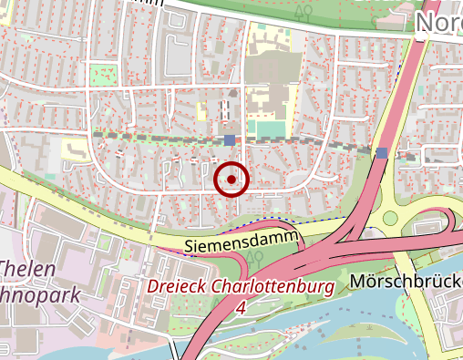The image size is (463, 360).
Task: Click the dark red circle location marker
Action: click(x=231, y=180)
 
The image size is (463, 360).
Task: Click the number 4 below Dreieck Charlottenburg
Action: click(x=241, y=308)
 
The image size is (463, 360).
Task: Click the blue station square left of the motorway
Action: click(x=382, y=152)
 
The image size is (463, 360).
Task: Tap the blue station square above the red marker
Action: click(x=229, y=139)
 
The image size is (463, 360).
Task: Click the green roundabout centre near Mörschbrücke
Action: click(x=391, y=218)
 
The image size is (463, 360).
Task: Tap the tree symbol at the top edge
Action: click(x=304, y=11)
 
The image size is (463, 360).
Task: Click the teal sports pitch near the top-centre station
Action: click(x=270, y=130)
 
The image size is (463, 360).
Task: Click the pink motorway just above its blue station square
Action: click(x=386, y=132)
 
